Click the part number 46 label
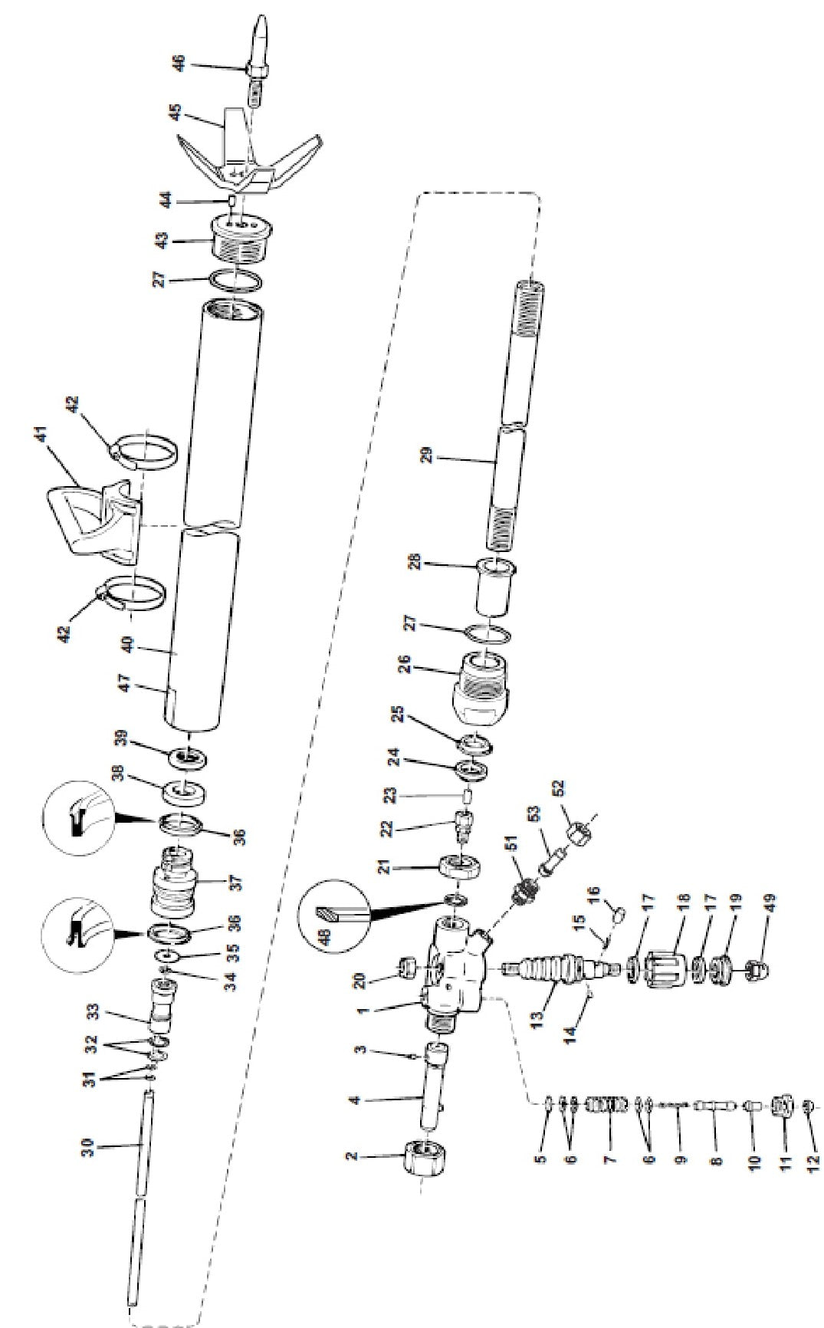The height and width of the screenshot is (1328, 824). click(179, 62)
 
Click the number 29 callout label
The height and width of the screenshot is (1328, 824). click(428, 454)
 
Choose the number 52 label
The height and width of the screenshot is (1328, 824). click(557, 787)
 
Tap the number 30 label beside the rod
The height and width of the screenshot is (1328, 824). click(89, 1147)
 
